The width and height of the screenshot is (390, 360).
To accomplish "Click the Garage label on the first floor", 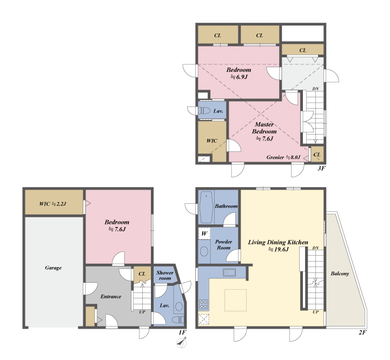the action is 53,268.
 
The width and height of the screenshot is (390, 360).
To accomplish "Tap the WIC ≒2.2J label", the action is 52,204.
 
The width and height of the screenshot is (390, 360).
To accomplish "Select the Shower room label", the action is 164,276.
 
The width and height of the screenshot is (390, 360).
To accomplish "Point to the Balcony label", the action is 340,274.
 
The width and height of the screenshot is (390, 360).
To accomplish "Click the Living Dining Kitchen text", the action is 278,242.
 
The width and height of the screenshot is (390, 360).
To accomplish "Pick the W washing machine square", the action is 204,234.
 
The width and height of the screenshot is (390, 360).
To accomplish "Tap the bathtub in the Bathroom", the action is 207,207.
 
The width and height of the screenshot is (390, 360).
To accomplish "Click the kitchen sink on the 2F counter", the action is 229,272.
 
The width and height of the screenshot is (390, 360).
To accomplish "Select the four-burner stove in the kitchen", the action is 203,304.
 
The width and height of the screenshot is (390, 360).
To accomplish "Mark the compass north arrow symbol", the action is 182,343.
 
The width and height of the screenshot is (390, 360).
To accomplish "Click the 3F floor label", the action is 321,168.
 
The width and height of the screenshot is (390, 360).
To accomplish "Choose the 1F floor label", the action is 182,332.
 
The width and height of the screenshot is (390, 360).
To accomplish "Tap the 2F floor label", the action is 362,332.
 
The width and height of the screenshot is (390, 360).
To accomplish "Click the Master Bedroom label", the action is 264,128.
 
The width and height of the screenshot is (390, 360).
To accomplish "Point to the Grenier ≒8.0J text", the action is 283,157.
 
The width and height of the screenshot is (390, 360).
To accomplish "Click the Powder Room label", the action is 223,245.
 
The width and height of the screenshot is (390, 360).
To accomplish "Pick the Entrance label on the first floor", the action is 111,296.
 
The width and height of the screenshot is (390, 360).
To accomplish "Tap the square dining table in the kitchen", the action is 235,300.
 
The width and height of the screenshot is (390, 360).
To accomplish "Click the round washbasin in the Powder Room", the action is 204,251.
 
